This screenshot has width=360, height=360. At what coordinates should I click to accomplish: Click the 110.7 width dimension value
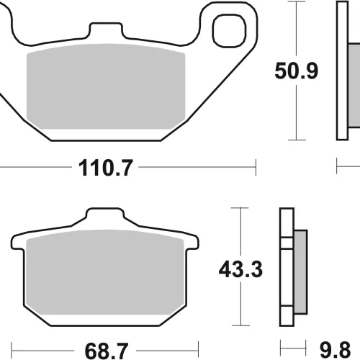106,168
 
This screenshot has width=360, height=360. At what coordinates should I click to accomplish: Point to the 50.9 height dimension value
297,71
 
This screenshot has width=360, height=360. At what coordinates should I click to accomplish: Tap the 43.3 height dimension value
240,269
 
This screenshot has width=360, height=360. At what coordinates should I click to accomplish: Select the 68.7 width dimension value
106,351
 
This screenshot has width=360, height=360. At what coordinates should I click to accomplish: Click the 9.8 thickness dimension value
336,351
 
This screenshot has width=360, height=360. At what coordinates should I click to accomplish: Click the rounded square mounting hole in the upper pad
230,30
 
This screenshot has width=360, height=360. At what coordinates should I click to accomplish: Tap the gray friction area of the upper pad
106,86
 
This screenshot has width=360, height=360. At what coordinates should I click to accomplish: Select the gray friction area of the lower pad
105,272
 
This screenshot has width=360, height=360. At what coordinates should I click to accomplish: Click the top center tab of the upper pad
106,30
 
